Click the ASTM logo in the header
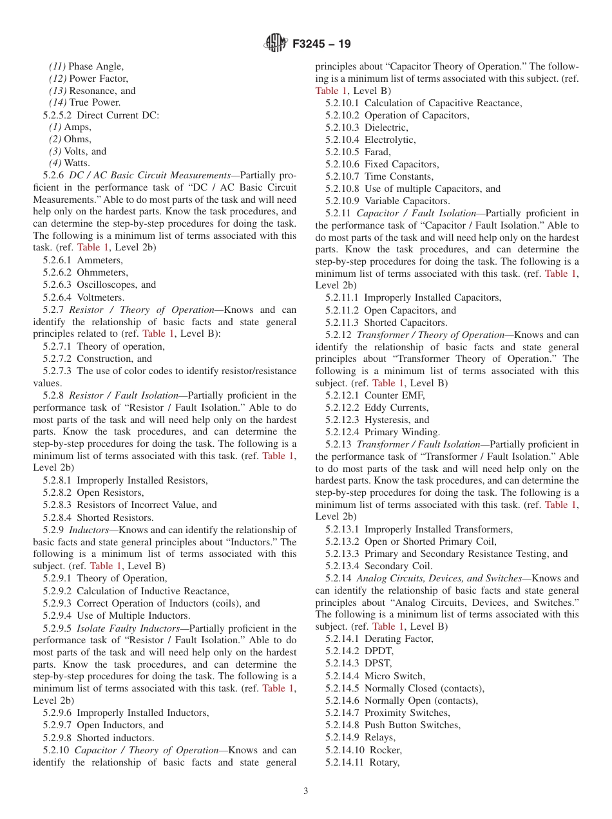276,44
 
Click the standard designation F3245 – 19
321,44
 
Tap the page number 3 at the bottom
306,791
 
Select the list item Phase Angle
95,66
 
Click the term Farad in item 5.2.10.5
377,152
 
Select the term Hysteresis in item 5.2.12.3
387,420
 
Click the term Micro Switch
394,676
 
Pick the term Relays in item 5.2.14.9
379,737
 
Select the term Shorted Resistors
115,518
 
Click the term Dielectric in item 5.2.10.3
386,127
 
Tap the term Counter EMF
394,395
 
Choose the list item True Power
95,103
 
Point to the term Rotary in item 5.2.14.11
384,762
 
